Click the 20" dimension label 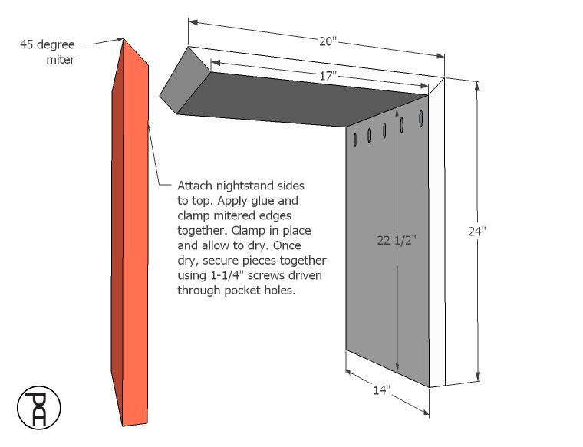coord(328,41)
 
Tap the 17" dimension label coord(328,76)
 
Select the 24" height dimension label coord(477,231)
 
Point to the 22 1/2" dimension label coord(397,241)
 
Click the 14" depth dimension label coord(382,389)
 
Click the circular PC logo coord(38,408)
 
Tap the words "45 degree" coord(48,44)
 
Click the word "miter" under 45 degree coord(61,60)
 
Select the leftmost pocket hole coord(355,140)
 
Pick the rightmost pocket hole coord(421,118)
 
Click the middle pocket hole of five coord(384,130)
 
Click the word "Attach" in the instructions coord(195,185)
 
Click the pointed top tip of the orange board coord(124,39)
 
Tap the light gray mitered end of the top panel coord(185,81)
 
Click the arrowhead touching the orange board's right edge coord(149,126)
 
